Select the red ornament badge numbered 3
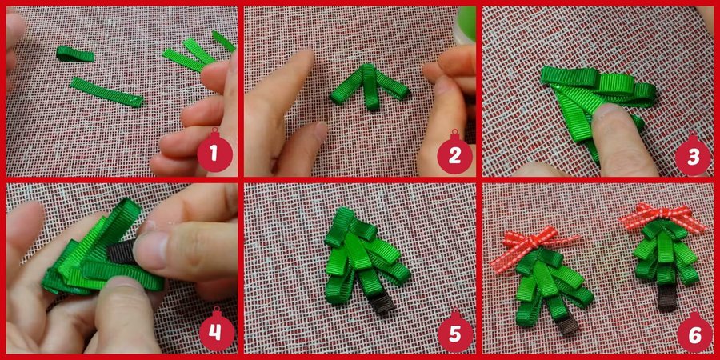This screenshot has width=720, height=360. (693, 154)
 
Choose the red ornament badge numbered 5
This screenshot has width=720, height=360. (454, 332)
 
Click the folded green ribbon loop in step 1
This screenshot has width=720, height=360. (75, 54)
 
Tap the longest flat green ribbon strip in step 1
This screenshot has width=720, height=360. (107, 92)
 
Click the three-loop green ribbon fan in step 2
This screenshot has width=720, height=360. (370, 86)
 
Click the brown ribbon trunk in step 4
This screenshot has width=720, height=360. (123, 251)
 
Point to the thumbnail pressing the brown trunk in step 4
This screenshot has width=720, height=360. (150, 249)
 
